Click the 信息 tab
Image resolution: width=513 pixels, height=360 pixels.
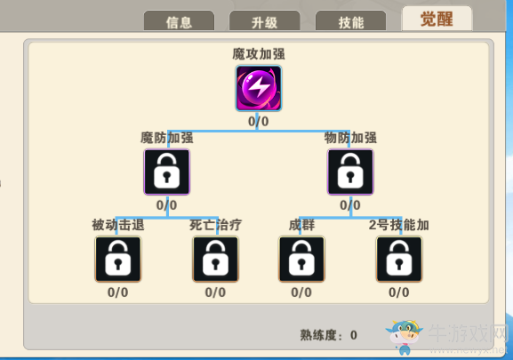[x=179, y=21]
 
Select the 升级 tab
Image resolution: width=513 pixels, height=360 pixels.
[x=265, y=21]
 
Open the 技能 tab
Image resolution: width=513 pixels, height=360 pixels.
[x=350, y=21]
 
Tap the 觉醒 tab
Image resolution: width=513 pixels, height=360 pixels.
[x=437, y=19]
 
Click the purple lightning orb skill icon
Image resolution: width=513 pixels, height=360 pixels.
[x=259, y=88]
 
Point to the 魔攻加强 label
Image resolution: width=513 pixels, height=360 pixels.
[x=259, y=54]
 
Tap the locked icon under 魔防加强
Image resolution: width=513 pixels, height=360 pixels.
[x=167, y=172]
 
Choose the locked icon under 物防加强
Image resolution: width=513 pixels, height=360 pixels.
[x=350, y=172]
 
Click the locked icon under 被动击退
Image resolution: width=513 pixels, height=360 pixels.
[x=117, y=259]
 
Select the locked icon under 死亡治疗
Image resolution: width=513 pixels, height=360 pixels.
[x=215, y=259]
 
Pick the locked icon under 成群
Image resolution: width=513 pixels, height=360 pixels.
[x=301, y=259]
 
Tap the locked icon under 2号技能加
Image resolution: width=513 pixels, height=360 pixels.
[x=399, y=259]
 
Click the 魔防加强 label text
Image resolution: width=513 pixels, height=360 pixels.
[x=167, y=138]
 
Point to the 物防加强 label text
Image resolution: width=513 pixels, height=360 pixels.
[x=350, y=138]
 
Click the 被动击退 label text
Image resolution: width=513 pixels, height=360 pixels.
[x=118, y=225]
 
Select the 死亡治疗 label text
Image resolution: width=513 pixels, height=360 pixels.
[x=216, y=225]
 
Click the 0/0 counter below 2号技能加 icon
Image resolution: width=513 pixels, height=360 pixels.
[x=399, y=292]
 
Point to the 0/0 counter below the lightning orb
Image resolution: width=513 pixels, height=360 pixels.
[x=259, y=121]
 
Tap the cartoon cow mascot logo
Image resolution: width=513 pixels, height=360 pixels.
[x=405, y=337]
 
